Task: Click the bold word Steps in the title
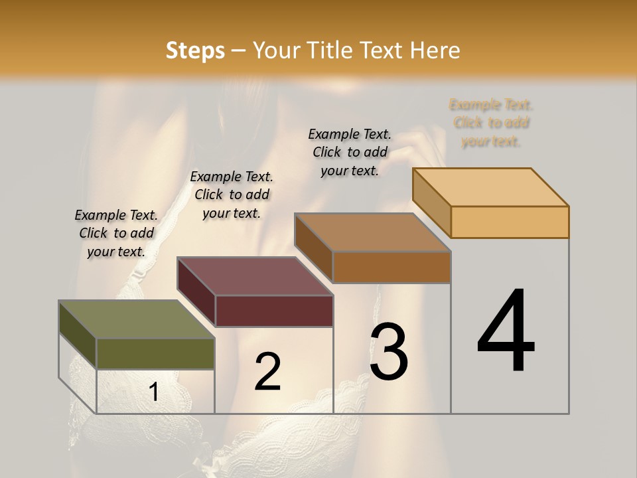[x=195, y=50]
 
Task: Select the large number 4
[x=506, y=332]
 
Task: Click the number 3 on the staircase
[x=388, y=352]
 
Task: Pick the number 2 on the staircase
[x=267, y=372]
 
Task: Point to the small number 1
[x=153, y=392]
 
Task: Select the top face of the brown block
[x=372, y=232]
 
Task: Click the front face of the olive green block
[x=155, y=354]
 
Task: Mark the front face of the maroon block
[x=273, y=311]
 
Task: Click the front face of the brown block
[x=391, y=267]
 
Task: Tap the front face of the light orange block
[x=510, y=222]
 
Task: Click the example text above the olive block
[x=116, y=233]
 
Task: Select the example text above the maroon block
[x=232, y=195]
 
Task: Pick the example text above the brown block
[x=350, y=152]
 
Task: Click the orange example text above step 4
[x=491, y=123]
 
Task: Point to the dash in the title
[x=239, y=50]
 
